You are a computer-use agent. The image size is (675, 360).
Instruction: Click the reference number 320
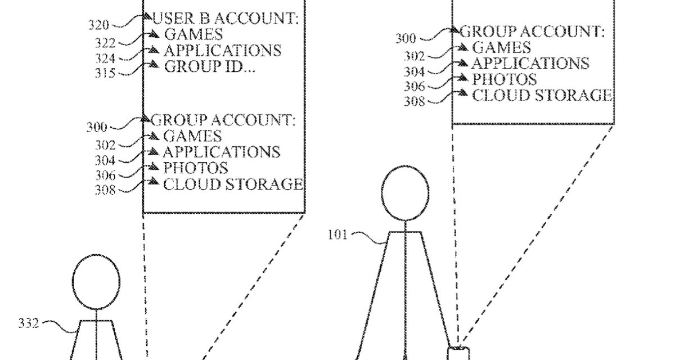coord(99,25)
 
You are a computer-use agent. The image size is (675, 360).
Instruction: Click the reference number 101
coord(338,234)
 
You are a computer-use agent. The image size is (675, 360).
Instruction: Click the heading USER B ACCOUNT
coord(226,19)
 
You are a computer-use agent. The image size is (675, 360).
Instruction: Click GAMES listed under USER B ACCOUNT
coord(193,35)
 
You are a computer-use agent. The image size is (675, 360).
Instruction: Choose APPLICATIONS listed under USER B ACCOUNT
coord(222,51)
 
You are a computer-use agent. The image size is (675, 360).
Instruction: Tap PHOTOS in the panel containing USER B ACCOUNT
coord(195,168)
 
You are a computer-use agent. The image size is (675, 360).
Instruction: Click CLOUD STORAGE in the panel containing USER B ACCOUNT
coord(233,184)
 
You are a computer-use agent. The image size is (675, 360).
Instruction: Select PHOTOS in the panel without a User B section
coord(504,79)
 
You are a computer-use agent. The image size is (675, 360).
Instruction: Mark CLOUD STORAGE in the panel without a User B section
coord(542,95)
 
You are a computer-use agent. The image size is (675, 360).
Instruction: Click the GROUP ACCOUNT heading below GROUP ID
coord(223,120)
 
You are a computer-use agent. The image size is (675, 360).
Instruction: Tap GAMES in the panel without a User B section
coord(501,47)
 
